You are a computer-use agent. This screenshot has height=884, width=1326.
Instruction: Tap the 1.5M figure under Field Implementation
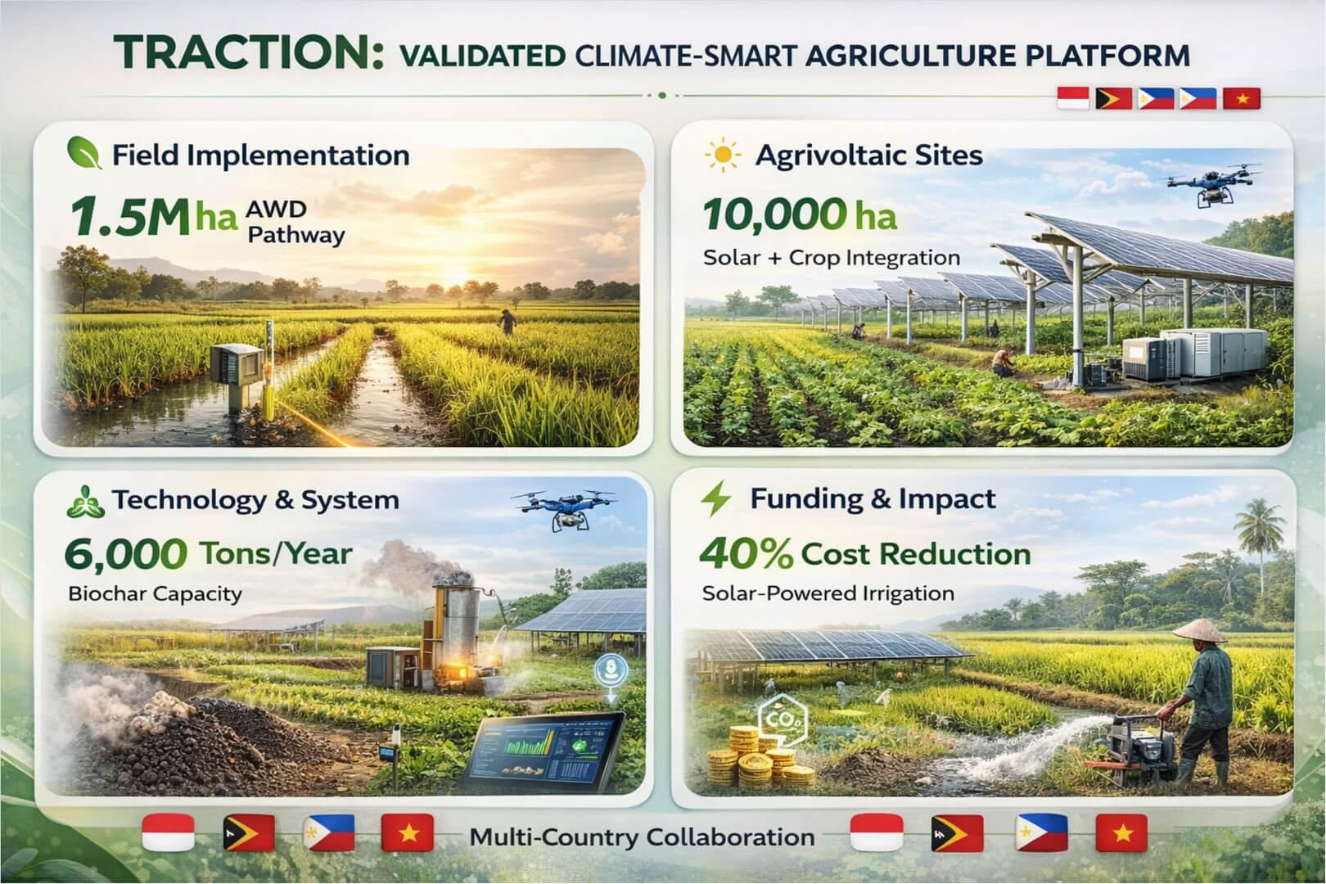coord(129,218)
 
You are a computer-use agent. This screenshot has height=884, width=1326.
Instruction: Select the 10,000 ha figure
coord(799,215)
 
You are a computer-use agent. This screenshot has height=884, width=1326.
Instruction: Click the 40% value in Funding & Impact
coord(746,554)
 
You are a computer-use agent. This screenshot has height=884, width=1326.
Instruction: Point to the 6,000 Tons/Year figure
coord(208,554)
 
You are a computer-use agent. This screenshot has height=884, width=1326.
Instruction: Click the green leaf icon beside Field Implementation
coord(83,154)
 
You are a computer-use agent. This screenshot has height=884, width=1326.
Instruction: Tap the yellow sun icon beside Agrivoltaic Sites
coord(723,155)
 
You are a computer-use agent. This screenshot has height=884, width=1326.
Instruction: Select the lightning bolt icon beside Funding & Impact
coord(717,498)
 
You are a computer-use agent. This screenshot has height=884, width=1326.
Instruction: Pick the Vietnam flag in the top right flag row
coord(1242,99)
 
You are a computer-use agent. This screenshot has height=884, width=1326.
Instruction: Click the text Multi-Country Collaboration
coord(642,837)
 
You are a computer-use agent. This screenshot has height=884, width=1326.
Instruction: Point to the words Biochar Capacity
coord(155,593)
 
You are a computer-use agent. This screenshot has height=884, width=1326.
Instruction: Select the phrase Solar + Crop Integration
coord(831,258)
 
